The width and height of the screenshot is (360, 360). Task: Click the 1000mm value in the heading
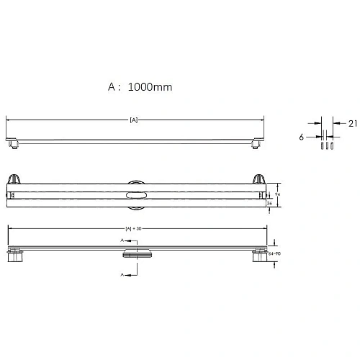[150, 87]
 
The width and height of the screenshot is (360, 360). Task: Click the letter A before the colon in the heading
[112, 87]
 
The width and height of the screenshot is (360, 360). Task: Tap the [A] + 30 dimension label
[133, 229]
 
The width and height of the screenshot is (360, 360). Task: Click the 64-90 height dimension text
[275, 254]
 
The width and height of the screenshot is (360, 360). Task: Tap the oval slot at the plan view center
[134, 194]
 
